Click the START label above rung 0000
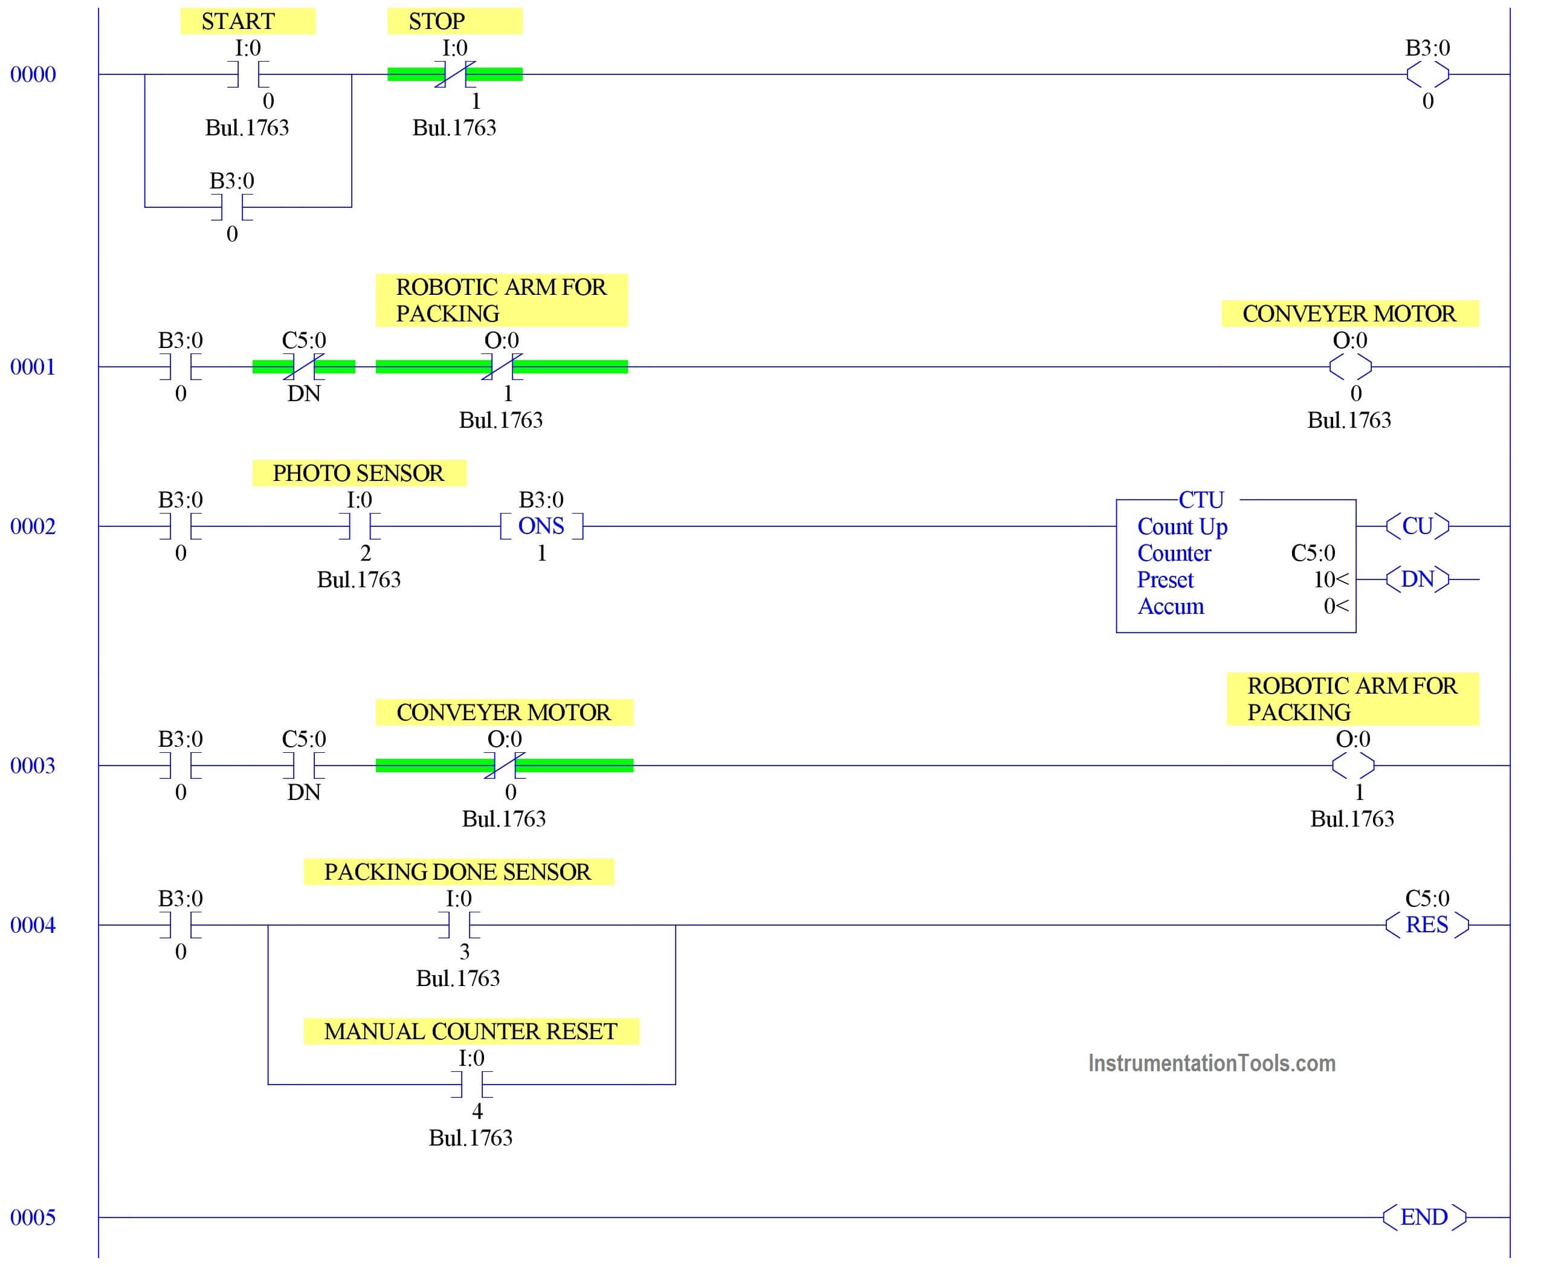(238, 21)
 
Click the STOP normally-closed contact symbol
(455, 74)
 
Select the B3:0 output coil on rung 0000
(1427, 74)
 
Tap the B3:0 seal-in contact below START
(232, 207)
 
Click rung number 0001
(33, 366)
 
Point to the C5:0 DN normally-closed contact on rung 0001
(304, 366)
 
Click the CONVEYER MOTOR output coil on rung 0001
(1350, 366)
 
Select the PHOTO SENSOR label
(358, 473)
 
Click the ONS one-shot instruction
(541, 526)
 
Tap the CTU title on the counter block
(1201, 500)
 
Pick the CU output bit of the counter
(1417, 526)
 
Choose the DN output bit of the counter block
(1417, 579)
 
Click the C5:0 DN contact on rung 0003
(304, 766)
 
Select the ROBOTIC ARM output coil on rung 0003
(1352, 766)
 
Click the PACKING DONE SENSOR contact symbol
(459, 924)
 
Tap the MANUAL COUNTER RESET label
(471, 1031)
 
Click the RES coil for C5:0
(1427, 924)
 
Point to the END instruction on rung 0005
(1424, 1217)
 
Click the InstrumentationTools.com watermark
(1212, 1063)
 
